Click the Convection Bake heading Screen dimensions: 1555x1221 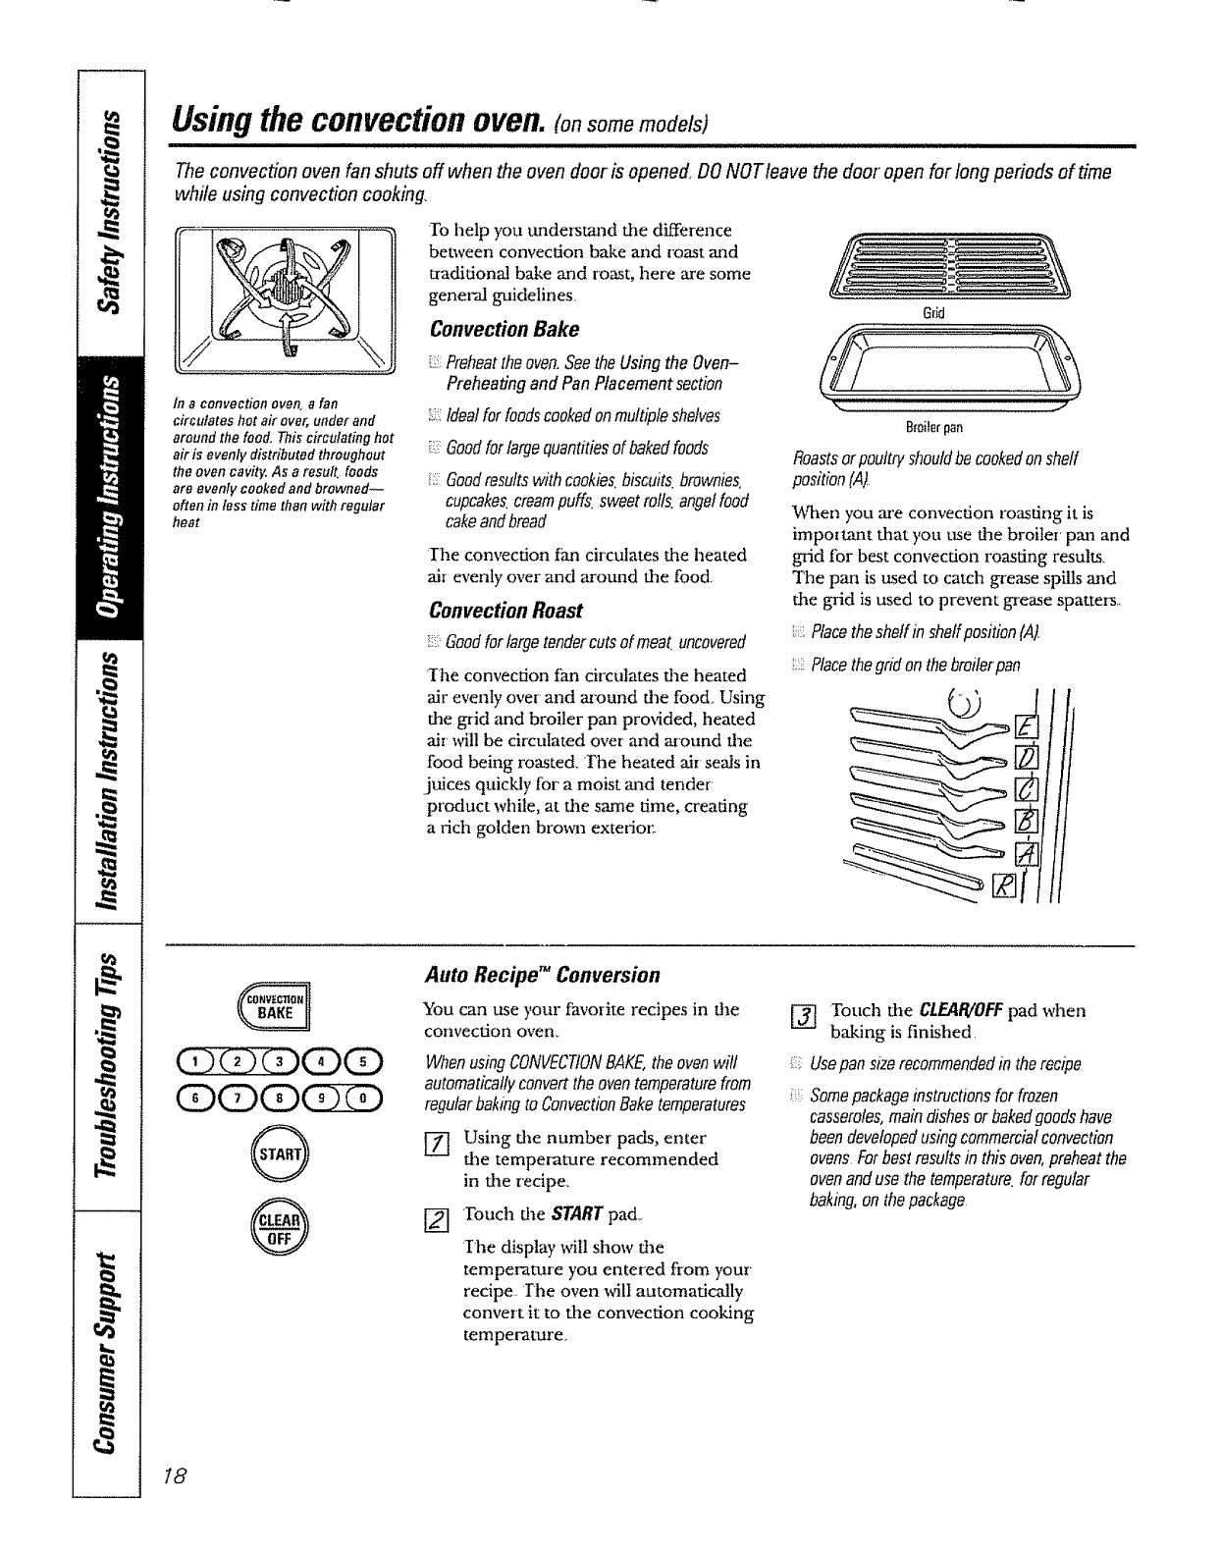click(504, 329)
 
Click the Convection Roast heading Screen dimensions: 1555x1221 click(506, 611)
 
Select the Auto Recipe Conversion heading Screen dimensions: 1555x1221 click(542, 975)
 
